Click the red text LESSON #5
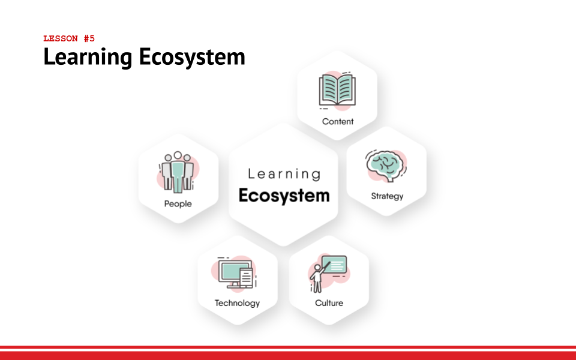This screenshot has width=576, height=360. [x=69, y=38]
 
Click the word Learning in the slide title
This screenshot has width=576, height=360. [x=88, y=58]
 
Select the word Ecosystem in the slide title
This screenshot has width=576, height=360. [x=192, y=58]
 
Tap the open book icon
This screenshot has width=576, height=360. [x=337, y=90]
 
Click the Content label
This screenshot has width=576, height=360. [x=338, y=122]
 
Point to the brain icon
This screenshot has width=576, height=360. [x=385, y=166]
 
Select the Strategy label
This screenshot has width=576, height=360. [x=387, y=196]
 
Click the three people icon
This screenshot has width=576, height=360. [x=178, y=172]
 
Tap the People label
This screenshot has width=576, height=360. [x=178, y=204]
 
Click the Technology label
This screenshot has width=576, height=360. [x=238, y=303]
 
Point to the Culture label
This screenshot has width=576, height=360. [x=329, y=303]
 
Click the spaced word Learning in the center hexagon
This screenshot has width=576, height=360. [x=284, y=174]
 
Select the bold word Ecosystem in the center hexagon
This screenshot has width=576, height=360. [x=284, y=196]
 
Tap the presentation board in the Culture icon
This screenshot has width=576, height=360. [x=334, y=264]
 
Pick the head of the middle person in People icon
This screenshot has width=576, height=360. [x=178, y=155]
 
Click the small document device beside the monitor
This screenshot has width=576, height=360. [x=246, y=278]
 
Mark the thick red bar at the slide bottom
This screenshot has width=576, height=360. [x=288, y=356]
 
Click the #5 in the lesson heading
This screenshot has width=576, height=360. [x=89, y=38]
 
